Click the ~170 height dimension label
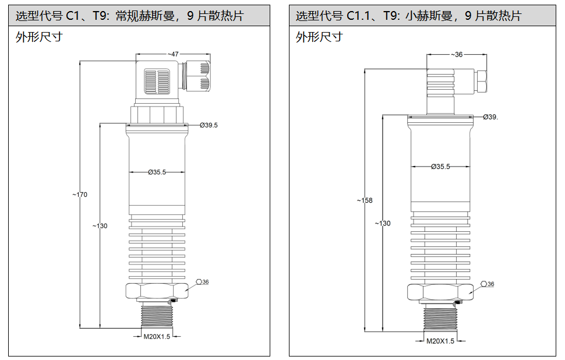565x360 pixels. pyautogui.click(x=80, y=195)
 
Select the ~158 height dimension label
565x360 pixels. pyautogui.click(x=365, y=200)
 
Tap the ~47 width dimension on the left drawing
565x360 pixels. pyautogui.click(x=173, y=54)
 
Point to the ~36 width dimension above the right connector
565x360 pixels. pyautogui.click(x=457, y=55)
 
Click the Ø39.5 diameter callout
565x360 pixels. pyautogui.click(x=209, y=125)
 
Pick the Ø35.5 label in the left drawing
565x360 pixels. pyautogui.click(x=157, y=172)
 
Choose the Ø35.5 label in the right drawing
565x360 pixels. pyautogui.click(x=440, y=167)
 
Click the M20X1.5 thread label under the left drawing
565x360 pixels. pyautogui.click(x=157, y=336)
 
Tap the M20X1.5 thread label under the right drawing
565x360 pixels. pyautogui.click(x=440, y=341)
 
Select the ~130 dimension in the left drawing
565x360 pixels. pyautogui.click(x=100, y=226)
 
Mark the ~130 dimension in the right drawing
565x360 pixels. pyautogui.click(x=383, y=223)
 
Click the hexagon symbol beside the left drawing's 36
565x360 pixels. pyautogui.click(x=199, y=282)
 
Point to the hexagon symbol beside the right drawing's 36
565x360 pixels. pyautogui.click(x=483, y=284)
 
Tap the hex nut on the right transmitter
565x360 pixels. pyautogui.click(x=440, y=292)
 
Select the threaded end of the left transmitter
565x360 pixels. pyautogui.click(x=156, y=317)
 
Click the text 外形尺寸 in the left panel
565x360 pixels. pyautogui.click(x=39, y=37)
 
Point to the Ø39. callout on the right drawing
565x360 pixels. pyautogui.click(x=490, y=117)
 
